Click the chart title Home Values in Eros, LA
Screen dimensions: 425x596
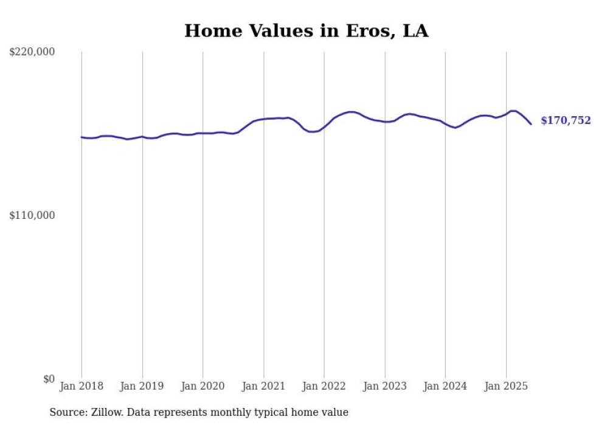click(306, 31)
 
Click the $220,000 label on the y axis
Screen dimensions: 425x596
click(32, 52)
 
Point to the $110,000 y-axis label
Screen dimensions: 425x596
click(32, 215)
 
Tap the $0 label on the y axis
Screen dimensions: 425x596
click(49, 379)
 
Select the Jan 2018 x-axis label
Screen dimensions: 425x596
click(81, 386)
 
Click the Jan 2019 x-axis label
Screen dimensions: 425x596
click(142, 386)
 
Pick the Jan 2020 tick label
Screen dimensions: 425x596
click(203, 386)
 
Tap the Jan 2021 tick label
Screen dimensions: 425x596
click(263, 386)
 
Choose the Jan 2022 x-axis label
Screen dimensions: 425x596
click(324, 386)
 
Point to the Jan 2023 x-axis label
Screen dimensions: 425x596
click(384, 386)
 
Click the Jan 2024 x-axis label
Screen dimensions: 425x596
click(445, 386)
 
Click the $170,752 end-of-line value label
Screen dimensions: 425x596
click(566, 121)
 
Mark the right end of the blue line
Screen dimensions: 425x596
click(531, 124)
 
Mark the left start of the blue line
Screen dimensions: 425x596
click(81, 137)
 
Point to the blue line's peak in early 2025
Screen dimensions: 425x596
click(513, 111)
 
